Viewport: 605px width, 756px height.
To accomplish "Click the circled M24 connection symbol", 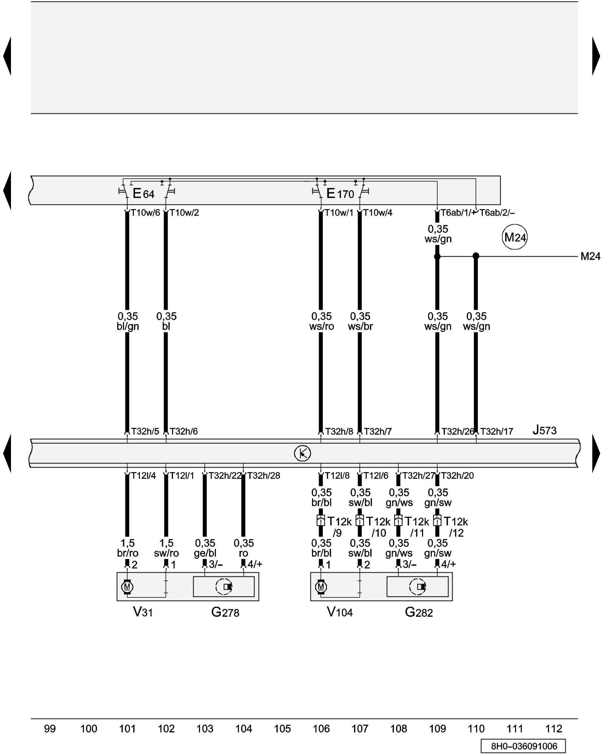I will (x=515, y=237).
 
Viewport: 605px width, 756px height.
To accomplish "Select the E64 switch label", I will (x=144, y=194).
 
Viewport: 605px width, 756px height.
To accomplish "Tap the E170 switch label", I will (x=340, y=194).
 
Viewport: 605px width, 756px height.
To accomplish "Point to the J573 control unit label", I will (x=544, y=430).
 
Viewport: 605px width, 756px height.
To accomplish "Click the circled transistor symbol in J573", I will (x=302, y=453).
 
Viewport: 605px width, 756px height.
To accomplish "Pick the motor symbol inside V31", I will (x=127, y=587).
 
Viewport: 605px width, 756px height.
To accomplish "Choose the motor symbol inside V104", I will (x=321, y=587).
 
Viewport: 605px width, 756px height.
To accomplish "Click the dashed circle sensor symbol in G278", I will (x=224, y=587).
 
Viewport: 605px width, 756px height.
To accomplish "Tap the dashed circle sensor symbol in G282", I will (x=417, y=587).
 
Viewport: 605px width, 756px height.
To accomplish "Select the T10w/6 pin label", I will (x=146, y=213).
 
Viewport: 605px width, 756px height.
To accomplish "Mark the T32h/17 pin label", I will (x=496, y=431).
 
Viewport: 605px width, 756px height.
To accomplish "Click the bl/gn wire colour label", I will (x=128, y=326).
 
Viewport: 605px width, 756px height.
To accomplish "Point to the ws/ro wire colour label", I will (x=321, y=326).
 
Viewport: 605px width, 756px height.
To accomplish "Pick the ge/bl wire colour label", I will (x=205, y=553).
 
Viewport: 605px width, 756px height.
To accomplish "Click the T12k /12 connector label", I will (x=456, y=527).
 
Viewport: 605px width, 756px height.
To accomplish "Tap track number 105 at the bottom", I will (x=282, y=728).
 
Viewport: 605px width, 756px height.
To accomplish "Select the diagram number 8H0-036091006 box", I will (x=524, y=746).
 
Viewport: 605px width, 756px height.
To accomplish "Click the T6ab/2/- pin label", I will (x=497, y=213).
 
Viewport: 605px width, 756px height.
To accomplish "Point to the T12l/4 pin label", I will (x=143, y=476).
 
